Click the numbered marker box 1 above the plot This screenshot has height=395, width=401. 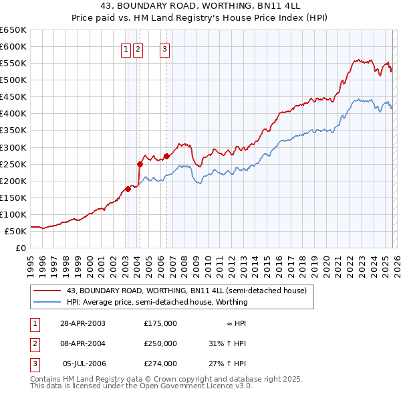click(126, 48)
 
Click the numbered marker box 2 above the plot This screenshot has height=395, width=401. click(138, 48)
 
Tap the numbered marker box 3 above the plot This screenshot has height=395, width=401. click(164, 48)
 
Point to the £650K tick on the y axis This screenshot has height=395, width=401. click(13, 30)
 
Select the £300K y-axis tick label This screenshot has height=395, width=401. click(13, 147)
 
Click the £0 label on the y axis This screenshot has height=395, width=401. click(21, 248)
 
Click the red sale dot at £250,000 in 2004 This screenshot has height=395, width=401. click(140, 163)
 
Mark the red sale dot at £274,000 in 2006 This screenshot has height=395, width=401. click(166, 156)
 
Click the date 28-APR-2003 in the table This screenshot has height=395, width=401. click(83, 323)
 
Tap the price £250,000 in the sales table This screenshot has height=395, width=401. click(160, 343)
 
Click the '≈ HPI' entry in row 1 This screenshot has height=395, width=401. click(234, 323)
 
